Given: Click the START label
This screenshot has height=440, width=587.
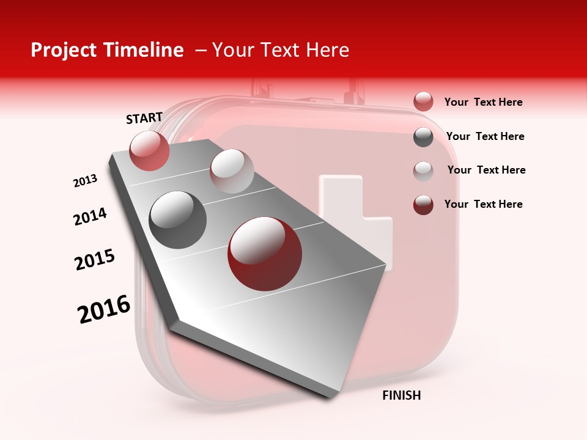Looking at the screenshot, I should point(144,118).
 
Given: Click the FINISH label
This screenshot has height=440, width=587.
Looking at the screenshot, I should point(401,395).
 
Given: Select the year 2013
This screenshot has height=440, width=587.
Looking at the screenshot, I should point(85,181).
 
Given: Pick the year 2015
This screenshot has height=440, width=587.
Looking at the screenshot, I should point(95,260).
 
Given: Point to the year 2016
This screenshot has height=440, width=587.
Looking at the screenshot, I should point(104,309).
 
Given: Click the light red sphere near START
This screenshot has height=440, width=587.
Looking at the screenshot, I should point(149,151).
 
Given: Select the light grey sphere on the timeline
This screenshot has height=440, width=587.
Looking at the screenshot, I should point(232,171).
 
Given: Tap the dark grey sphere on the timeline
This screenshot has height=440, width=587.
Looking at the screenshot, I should point(178,220).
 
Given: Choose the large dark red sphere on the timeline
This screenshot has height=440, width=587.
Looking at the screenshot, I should point(265,254).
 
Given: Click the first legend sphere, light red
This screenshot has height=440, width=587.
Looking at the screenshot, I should point(423,102).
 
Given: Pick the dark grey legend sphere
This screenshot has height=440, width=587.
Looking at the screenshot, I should point(423,137).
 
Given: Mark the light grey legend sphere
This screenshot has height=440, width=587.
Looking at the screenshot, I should point(423,170).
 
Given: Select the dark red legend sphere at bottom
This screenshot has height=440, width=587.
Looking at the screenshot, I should point(423,205).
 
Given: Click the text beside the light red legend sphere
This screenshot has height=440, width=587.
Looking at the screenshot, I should point(483,103).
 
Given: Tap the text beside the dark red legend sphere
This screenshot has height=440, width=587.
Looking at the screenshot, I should point(483,204).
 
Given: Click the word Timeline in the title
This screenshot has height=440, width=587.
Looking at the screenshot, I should point(147,50).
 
